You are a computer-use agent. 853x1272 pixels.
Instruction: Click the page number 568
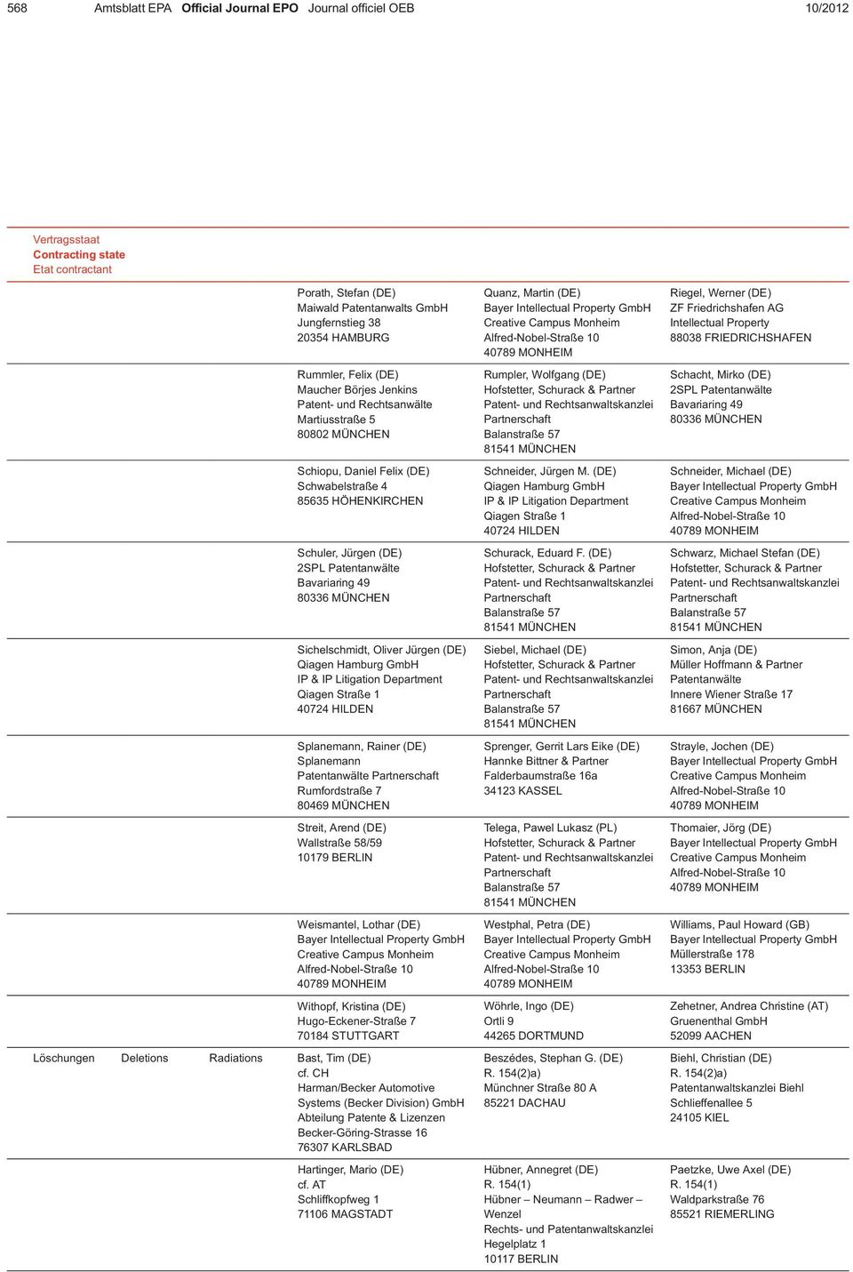[17, 8]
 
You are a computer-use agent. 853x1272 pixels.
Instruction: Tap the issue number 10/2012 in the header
[826, 8]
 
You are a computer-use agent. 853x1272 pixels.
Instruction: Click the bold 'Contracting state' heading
[79, 254]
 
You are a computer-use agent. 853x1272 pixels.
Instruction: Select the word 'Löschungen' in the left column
[64, 1058]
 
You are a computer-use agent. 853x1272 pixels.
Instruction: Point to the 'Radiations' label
[235, 1058]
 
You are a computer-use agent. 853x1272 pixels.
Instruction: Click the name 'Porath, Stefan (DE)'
[346, 292]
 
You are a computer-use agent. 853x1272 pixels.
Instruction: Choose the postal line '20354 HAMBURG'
[343, 338]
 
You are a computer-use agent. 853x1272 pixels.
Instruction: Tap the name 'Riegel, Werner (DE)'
[720, 292]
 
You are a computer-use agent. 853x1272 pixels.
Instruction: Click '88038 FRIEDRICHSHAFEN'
[740, 338]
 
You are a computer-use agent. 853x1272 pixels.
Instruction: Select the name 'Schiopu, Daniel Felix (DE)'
[363, 471]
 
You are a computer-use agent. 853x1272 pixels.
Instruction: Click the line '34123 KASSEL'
[522, 790]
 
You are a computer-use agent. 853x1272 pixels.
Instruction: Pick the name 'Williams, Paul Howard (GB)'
[739, 924]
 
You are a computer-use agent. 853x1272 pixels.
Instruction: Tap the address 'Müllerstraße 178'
[712, 954]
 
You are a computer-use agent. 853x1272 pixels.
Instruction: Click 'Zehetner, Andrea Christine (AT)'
[748, 1006]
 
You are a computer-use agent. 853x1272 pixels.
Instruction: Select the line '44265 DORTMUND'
[533, 1036]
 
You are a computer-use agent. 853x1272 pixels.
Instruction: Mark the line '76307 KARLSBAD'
[344, 1148]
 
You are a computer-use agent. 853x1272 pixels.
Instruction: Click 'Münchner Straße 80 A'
[539, 1088]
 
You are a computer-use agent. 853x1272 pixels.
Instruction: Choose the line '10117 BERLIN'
[521, 1259]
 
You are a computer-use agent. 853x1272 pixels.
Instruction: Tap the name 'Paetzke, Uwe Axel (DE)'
[729, 1170]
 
